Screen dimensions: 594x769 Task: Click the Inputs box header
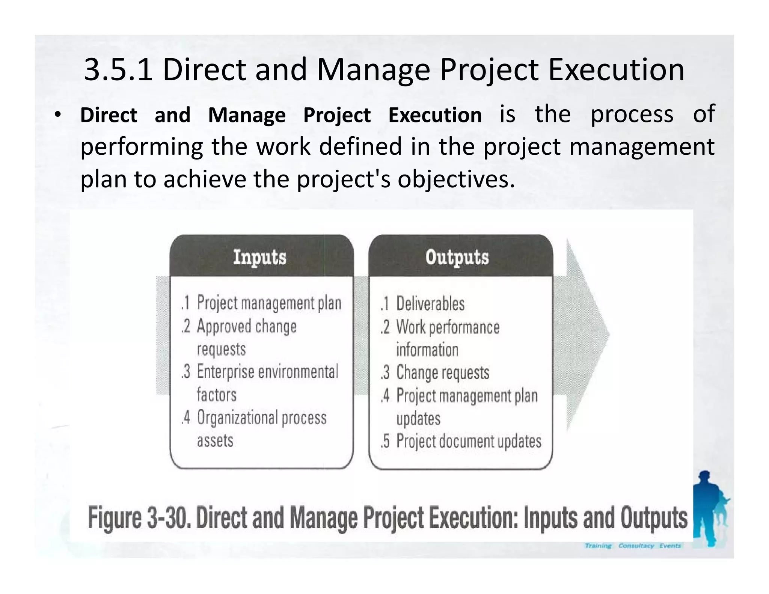260,257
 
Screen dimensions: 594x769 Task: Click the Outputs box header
457,257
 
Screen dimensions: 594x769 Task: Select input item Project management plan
269,303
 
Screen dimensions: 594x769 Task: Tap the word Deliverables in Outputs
430,304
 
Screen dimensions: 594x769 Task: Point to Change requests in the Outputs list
443,372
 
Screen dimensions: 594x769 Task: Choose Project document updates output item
469,441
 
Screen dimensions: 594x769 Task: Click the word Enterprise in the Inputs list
225,372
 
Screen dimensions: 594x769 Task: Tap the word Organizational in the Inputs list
238,418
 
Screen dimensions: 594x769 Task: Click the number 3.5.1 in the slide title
118,69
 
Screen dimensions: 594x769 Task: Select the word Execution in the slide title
616,69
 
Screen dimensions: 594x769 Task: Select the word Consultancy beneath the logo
636,546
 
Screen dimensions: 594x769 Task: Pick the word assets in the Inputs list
215,440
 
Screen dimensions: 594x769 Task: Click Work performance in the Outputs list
448,327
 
